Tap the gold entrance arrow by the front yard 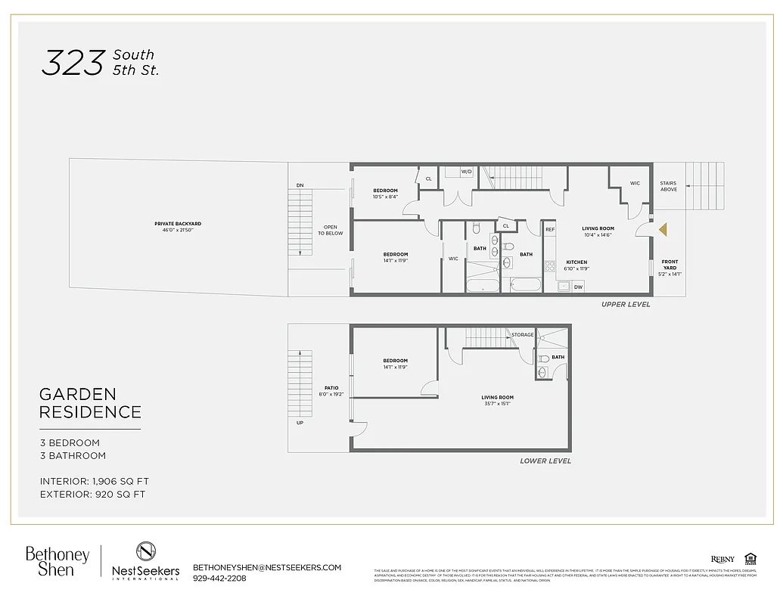(663, 229)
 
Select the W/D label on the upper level (466, 172)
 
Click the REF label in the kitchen (550, 229)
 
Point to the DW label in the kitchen (578, 287)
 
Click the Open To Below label (330, 230)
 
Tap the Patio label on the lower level (331, 390)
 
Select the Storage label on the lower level (522, 334)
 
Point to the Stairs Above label (668, 186)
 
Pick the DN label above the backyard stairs (300, 185)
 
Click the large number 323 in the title (72, 64)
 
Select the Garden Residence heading (90, 403)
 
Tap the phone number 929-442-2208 (219, 579)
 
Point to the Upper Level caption (625, 305)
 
